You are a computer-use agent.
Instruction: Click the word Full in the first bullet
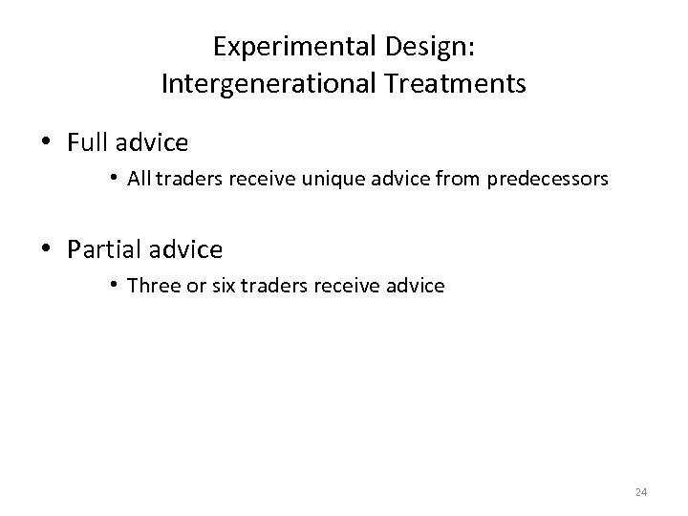89,143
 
